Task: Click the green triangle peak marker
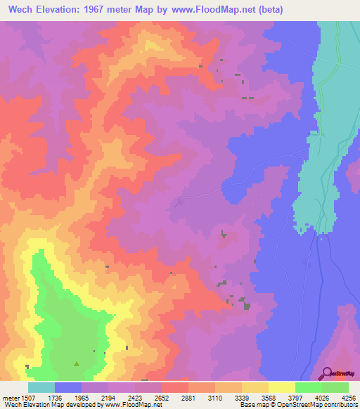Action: tap(77, 364)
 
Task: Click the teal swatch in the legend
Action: tap(41, 387)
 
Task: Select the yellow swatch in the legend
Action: tap(282, 387)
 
